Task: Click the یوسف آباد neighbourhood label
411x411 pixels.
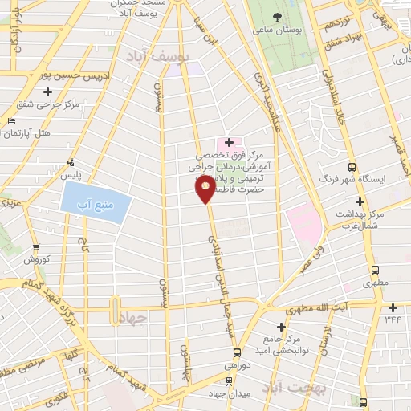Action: [x=157, y=56]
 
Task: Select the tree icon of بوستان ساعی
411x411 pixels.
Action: [x=278, y=17]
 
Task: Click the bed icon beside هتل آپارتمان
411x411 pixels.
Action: [x=10, y=120]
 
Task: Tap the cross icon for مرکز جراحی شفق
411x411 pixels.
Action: [x=49, y=92]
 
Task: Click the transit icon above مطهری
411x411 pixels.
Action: [x=374, y=271]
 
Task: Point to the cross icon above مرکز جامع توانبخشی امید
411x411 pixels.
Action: [x=280, y=327]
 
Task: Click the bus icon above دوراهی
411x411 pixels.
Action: [x=236, y=352]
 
